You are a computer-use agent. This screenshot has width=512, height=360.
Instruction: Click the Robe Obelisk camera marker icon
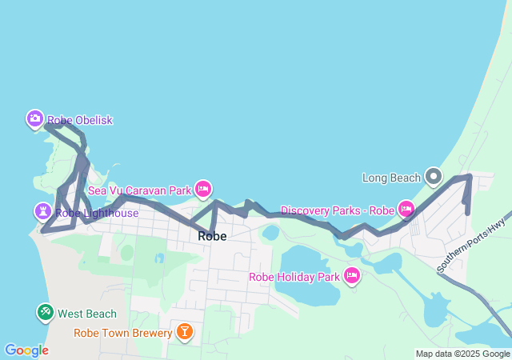pyautogui.click(x=34, y=119)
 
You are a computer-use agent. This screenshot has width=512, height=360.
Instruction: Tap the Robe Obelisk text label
pyautogui.click(x=80, y=120)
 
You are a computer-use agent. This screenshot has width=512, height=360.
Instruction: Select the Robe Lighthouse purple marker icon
pyautogui.click(x=42, y=212)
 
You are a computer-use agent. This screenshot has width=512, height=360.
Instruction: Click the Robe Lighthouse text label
pyautogui.click(x=96, y=213)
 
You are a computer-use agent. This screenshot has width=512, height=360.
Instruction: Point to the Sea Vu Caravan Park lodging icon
pyautogui.click(x=203, y=189)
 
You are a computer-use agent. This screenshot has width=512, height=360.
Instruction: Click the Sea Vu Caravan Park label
pyautogui.click(x=139, y=190)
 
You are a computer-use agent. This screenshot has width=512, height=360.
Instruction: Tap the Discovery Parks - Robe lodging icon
pyautogui.click(x=406, y=210)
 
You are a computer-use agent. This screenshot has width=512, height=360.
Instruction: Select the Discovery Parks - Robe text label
pyautogui.click(x=338, y=210)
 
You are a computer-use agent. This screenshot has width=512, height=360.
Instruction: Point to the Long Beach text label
pyautogui.click(x=391, y=177)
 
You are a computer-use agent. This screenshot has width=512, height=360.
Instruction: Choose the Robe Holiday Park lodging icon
pyautogui.click(x=351, y=276)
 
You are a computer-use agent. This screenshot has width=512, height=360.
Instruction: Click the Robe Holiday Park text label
pyautogui.click(x=294, y=277)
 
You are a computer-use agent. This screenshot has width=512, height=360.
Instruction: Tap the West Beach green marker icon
pyautogui.click(x=45, y=312)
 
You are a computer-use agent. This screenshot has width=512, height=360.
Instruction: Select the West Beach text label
pyautogui.click(x=87, y=314)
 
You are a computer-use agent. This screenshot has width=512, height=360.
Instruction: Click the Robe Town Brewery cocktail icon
pyautogui.click(x=185, y=331)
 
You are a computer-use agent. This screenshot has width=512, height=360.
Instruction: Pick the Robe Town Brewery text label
pyautogui.click(x=122, y=333)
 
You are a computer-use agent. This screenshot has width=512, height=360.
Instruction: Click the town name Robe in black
pyautogui.click(x=212, y=236)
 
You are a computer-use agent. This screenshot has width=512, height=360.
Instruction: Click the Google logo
pyautogui.click(x=26, y=350)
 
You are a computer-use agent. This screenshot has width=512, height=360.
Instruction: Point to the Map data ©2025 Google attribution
pyautogui.click(x=462, y=354)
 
